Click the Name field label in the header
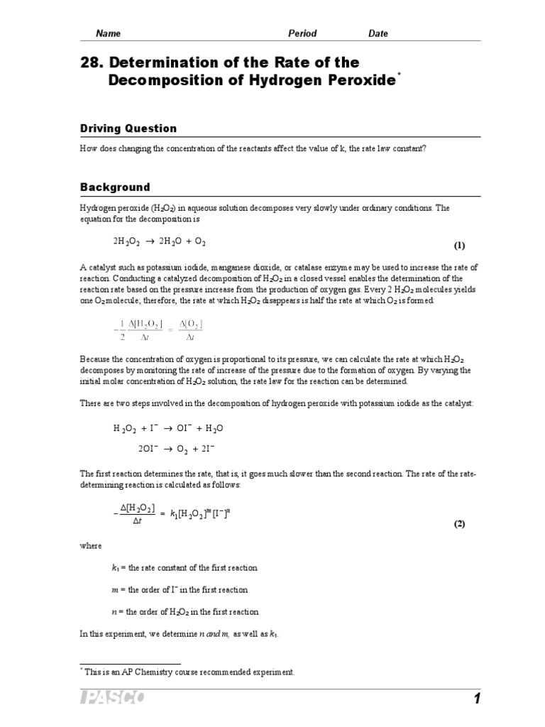tap(108, 33)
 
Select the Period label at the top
tap(302, 33)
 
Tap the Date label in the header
tap(378, 33)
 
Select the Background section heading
tap(114, 187)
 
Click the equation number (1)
tap(459, 246)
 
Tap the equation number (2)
tap(459, 524)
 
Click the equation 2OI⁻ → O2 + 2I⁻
tap(177, 449)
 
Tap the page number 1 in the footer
tap(477, 699)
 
